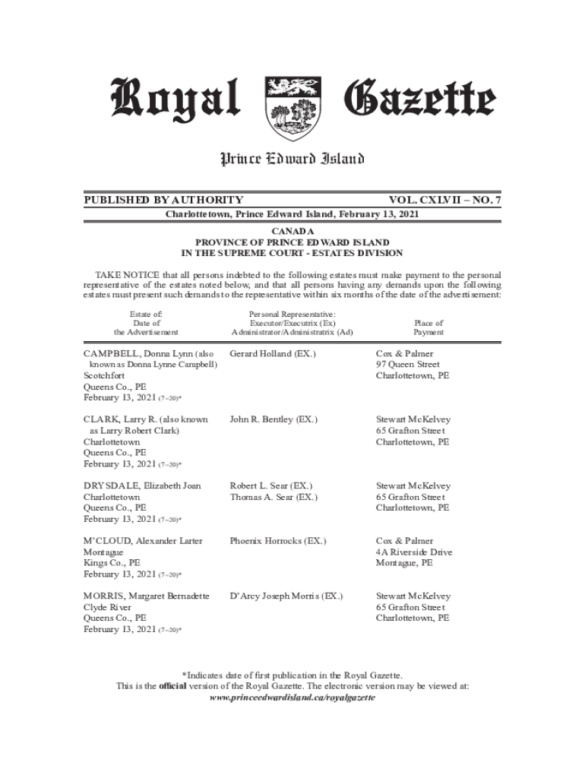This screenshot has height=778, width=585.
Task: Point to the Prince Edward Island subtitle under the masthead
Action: [292, 159]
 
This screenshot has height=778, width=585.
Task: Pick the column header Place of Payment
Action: [428, 327]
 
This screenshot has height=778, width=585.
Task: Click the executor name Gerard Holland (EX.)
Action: [273, 354]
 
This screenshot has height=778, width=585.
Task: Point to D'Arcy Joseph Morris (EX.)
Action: [286, 596]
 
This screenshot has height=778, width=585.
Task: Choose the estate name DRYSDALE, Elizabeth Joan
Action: [142, 485]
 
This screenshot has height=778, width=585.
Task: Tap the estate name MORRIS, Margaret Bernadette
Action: [146, 596]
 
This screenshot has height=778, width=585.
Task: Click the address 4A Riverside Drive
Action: [414, 552]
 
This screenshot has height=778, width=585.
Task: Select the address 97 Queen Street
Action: [408, 365]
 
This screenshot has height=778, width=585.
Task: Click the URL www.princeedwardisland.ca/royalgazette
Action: [292, 697]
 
